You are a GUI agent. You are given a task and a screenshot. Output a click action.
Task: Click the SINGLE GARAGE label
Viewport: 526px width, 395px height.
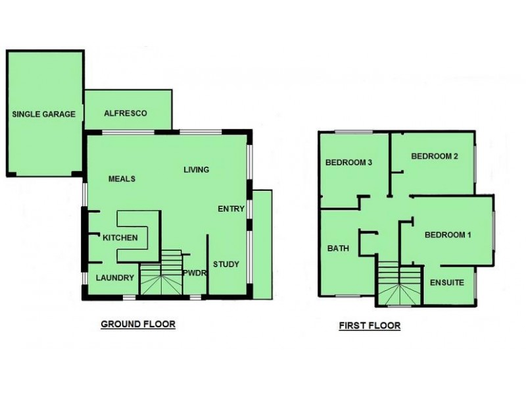43,114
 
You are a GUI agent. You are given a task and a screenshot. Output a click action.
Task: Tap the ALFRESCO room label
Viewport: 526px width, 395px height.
126,113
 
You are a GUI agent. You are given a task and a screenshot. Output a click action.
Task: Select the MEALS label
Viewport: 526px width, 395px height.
122,178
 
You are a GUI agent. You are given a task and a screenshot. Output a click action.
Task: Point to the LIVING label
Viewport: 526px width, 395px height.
196,170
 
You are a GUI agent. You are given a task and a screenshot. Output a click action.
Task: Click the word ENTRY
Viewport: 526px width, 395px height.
231,209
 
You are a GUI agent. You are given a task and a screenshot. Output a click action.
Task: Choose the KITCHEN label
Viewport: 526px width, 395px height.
120,238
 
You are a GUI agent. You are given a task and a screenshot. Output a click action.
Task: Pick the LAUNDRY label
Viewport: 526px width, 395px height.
115,278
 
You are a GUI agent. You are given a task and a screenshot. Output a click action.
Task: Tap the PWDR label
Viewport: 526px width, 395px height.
194,273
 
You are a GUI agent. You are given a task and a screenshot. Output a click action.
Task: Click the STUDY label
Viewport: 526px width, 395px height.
226,265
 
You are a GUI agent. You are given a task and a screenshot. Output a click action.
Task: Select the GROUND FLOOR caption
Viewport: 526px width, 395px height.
138,324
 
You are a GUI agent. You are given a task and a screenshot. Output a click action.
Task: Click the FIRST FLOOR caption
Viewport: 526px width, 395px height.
370,325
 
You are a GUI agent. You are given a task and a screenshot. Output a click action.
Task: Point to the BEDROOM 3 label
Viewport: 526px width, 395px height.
349,163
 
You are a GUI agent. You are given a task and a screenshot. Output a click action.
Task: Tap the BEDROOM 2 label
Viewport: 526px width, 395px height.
435,156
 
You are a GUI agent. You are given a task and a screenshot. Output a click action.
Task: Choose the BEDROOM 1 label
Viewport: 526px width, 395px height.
448,235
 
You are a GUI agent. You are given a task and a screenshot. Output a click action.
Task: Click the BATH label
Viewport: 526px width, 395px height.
338,249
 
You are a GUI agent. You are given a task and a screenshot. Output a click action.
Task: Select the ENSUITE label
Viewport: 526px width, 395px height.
447,282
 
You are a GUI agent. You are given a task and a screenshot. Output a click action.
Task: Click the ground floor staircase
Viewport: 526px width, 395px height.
161,273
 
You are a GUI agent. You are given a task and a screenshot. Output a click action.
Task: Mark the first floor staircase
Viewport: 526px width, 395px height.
399,283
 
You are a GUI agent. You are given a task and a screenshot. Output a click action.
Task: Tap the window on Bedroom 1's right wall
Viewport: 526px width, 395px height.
494,230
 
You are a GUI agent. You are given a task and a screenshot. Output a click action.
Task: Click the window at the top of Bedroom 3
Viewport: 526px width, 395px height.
354,132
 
